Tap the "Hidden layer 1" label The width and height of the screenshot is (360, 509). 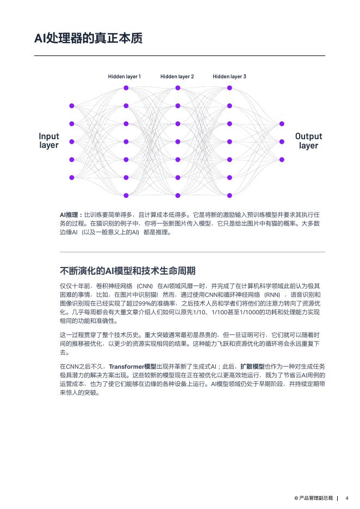point(125,77)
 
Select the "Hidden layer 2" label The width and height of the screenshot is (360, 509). point(177,77)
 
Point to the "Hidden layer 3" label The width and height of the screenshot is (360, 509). point(229,77)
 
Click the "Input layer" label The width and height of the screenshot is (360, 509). point(49,141)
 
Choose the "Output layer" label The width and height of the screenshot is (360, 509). point(308,141)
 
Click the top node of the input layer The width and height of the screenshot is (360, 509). point(72,105)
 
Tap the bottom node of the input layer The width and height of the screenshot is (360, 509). point(72,177)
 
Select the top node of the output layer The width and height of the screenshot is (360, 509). point(282,124)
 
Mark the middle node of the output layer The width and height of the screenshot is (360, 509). point(282,141)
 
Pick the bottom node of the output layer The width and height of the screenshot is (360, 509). point(282,159)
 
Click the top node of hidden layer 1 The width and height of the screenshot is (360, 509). point(126,88)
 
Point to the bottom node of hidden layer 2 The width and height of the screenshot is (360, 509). point(177,195)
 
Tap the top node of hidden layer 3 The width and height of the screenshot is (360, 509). point(229,88)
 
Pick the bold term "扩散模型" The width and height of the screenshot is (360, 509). point(252,367)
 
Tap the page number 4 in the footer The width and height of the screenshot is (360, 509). point(347,498)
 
